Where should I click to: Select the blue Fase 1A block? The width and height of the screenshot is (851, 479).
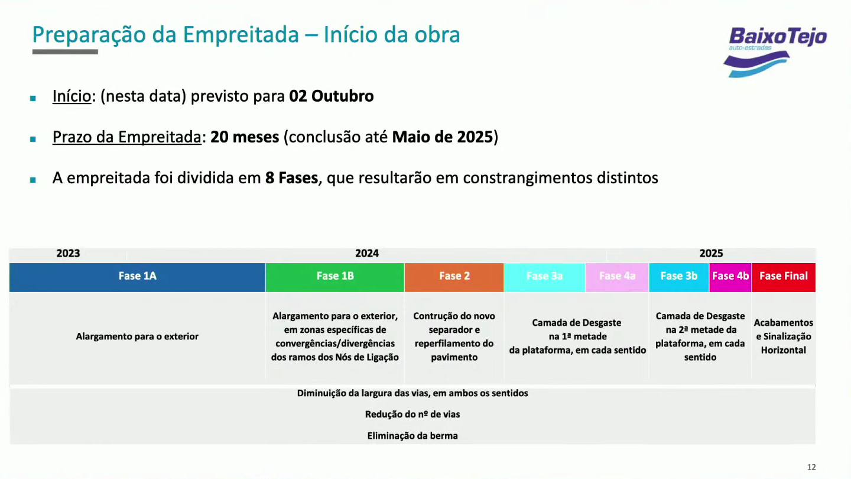tap(137, 277)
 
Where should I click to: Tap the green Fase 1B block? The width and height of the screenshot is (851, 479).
tap(334, 277)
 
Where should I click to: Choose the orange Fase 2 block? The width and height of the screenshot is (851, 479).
tap(454, 277)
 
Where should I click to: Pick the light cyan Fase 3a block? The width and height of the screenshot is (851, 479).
tap(544, 277)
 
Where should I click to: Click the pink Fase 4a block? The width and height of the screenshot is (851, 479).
tap(617, 277)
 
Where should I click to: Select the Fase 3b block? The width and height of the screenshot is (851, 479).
tap(679, 277)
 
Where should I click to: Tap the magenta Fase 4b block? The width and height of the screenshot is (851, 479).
tap(730, 277)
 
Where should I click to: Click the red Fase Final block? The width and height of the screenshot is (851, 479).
tap(784, 277)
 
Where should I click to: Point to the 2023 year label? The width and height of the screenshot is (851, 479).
tap(69, 253)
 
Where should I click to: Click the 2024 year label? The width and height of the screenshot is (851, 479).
tap(367, 253)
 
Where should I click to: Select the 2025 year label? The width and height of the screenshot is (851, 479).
tap(711, 253)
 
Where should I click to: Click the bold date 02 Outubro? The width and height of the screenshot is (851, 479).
tap(332, 96)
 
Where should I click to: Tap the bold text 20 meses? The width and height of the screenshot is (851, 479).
tap(245, 137)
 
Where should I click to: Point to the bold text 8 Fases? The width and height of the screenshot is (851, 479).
tap(291, 178)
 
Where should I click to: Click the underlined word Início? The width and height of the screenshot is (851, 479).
tap(72, 96)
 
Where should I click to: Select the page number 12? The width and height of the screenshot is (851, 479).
tap(811, 467)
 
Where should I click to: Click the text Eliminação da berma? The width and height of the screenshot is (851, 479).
tap(412, 436)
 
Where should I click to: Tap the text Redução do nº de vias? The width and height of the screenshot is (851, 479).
tap(412, 414)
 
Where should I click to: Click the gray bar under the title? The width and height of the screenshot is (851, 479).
tap(65, 51)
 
